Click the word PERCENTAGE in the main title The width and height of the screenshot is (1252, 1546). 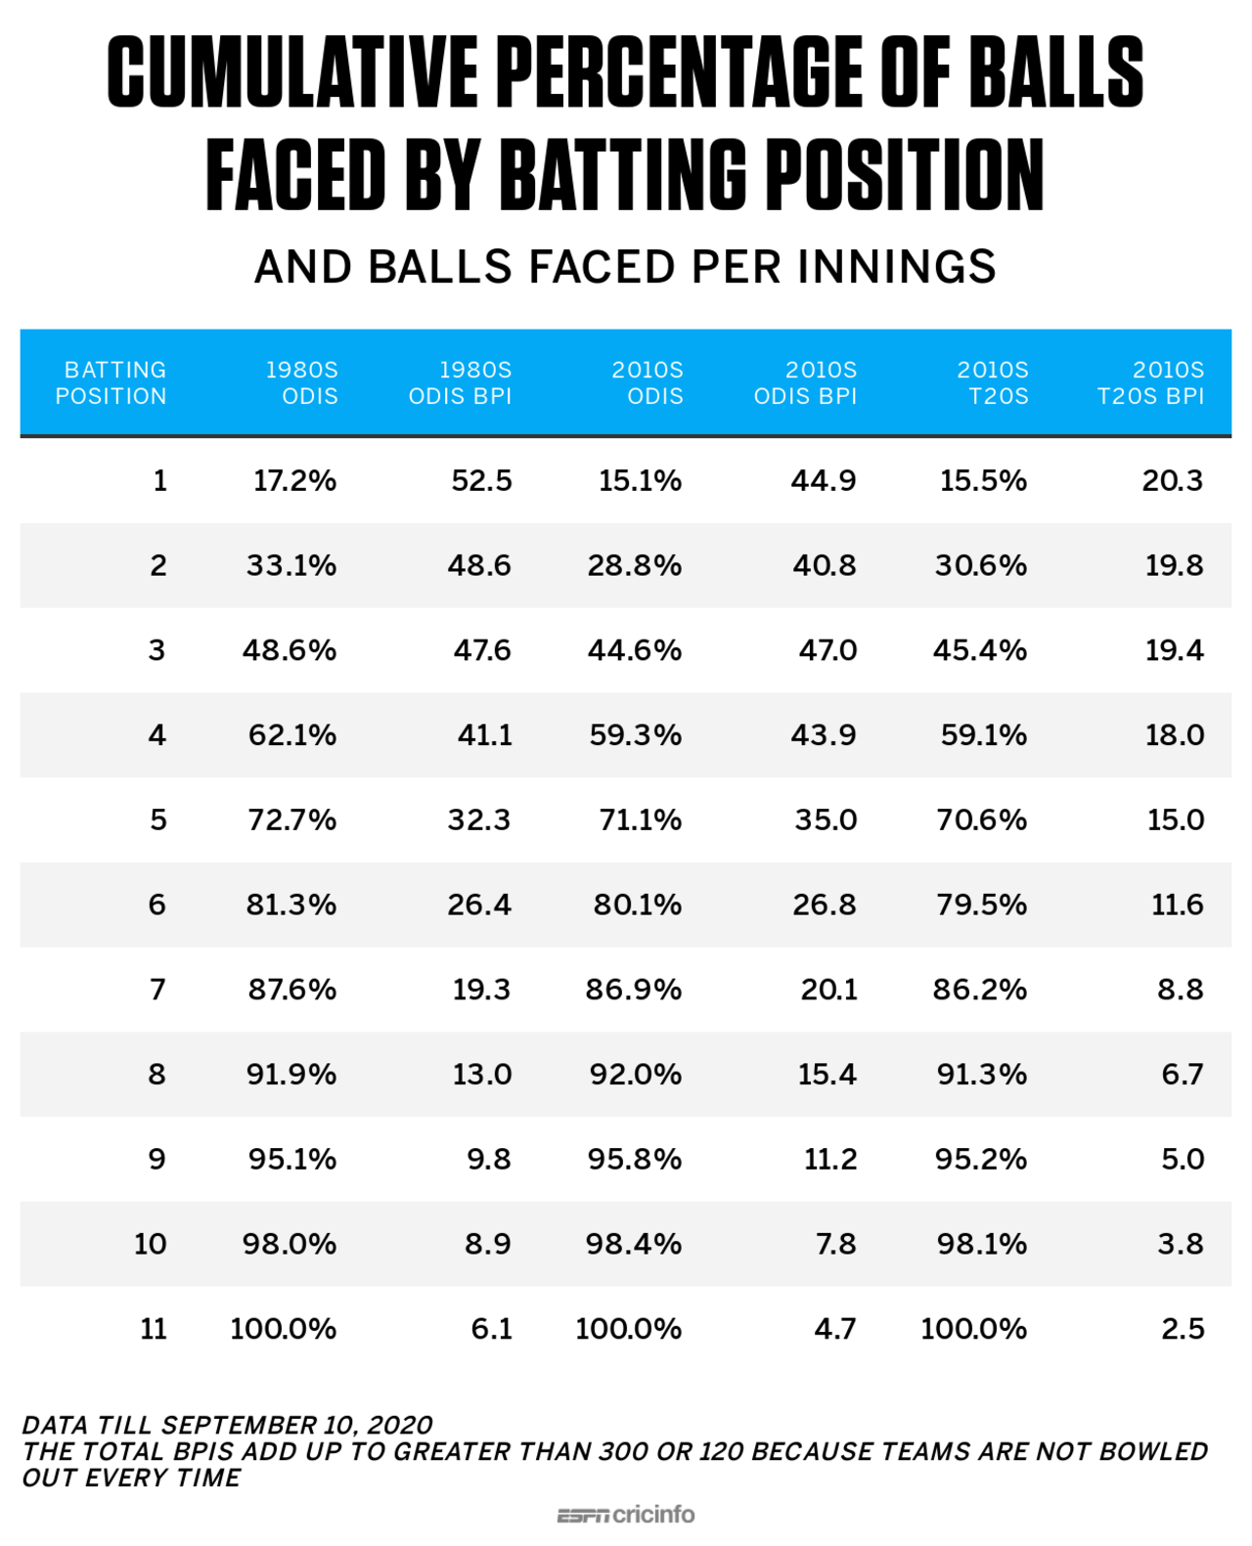[679, 72]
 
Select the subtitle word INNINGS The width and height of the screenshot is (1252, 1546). [897, 267]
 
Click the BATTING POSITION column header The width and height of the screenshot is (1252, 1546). [111, 383]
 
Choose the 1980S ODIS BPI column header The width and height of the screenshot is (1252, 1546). [461, 383]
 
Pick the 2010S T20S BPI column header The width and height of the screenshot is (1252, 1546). [1151, 383]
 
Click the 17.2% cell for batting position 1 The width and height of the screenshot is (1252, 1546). [294, 481]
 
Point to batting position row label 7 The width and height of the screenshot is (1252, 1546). [157, 990]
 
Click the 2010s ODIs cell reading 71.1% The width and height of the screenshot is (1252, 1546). [640, 819]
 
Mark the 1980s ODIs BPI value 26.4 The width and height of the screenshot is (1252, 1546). [479, 905]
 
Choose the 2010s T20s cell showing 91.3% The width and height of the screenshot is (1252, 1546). [981, 1075]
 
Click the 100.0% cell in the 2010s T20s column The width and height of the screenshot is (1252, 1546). [973, 1329]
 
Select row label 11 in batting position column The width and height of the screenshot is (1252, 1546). [154, 1329]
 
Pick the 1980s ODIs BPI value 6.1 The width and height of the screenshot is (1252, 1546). [491, 1329]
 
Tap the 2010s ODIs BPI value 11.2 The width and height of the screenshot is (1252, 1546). [830, 1159]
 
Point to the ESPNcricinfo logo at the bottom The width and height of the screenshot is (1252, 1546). [626, 1515]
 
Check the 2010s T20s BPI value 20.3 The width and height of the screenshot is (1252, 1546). [1173, 481]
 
